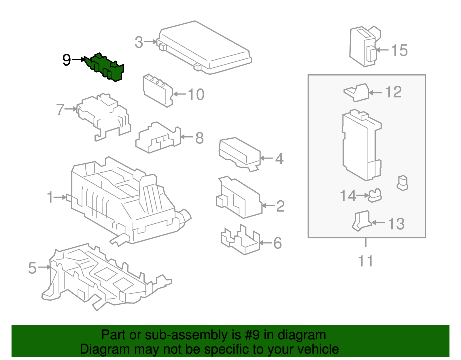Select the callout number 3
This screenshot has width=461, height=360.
coord(139,42)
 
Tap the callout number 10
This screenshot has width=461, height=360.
coord(196,95)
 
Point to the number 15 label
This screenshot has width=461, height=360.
coord(399,50)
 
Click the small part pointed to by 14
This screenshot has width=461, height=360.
coord(375,195)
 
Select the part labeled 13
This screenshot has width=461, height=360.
coord(362,220)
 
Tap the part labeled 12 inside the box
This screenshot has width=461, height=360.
coord(356,93)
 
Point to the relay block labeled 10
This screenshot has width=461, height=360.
coord(158,91)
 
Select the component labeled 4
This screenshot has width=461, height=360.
coord(240,154)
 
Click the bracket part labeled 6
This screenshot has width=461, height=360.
coord(240,240)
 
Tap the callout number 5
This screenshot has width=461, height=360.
coord(32,268)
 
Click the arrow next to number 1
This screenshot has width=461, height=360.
coord(60,197)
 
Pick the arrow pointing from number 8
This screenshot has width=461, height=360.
coord(187,137)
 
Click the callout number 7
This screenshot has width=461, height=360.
coord(60,110)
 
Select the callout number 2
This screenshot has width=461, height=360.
coord(280,206)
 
